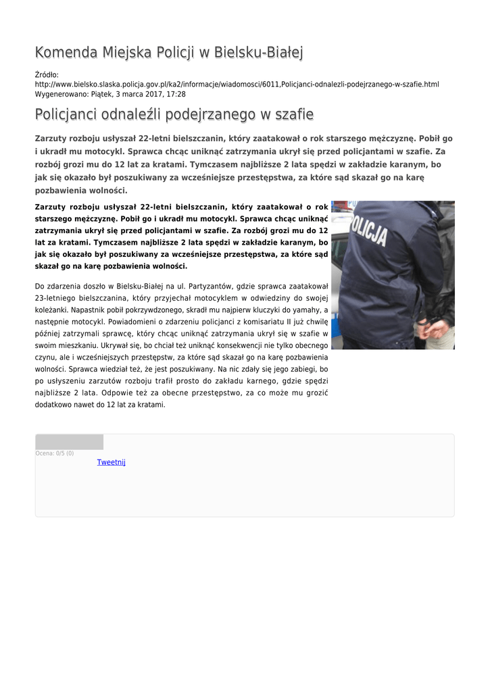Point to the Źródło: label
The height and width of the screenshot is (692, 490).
coord(47,74)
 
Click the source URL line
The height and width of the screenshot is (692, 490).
coord(237,84)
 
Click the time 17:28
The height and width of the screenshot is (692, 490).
coord(176,94)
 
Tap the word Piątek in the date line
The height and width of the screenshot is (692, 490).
coord(104,94)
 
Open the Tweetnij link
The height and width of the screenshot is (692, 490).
coord(111,462)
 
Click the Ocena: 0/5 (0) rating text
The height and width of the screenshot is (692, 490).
coord(55,453)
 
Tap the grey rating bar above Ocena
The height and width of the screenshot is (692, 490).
coord(69,442)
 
